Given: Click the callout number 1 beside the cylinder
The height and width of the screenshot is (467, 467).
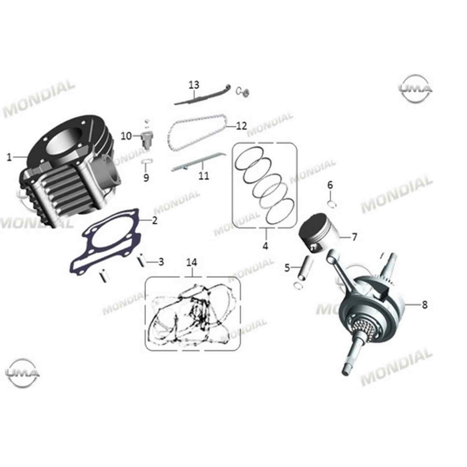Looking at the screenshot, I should (x=9, y=158).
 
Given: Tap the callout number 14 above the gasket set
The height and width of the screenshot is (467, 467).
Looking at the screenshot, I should (x=192, y=262).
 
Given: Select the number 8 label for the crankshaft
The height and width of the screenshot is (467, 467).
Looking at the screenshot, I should (x=425, y=304).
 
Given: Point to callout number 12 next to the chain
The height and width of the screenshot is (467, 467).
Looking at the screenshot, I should (x=241, y=126).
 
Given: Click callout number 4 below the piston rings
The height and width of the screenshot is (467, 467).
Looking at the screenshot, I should (x=265, y=246).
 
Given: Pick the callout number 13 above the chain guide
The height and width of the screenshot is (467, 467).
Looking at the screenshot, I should (x=194, y=85).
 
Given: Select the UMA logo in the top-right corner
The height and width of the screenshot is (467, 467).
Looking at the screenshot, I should (x=416, y=88).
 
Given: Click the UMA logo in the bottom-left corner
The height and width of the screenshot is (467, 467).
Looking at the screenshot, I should (x=23, y=373).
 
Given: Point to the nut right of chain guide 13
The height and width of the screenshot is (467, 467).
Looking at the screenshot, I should (x=245, y=92).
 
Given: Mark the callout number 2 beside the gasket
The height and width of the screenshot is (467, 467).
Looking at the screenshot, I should (x=154, y=221).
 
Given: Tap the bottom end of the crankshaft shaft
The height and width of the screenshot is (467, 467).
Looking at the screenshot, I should (x=347, y=370).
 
